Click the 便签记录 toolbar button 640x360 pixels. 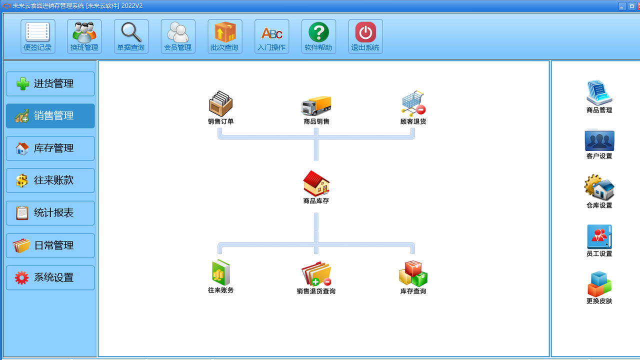coord(38,36)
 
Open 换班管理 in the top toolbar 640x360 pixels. coord(84,36)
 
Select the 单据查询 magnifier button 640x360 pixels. coord(131,36)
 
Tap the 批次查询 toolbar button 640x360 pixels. coord(225,36)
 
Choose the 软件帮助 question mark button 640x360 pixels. coord(318,36)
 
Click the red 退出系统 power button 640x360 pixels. coord(365,36)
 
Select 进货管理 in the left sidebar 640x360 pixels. coord(50,84)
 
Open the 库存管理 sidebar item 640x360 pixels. coord(50,148)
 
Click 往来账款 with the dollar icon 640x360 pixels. coord(50,180)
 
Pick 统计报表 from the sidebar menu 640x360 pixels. coord(50,213)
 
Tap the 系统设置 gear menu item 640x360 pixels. coord(50,278)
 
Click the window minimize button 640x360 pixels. coord(622,6)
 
